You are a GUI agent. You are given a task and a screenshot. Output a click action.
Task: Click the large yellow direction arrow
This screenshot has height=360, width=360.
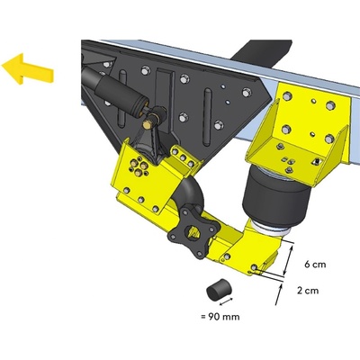tap(27, 69)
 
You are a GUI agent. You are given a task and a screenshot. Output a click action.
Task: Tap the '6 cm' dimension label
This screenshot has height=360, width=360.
tap(315, 265)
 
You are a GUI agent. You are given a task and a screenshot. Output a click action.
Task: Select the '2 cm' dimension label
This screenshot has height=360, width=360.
tap(308, 291)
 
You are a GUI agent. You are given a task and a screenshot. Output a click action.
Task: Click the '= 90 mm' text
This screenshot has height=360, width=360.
tap(220, 317)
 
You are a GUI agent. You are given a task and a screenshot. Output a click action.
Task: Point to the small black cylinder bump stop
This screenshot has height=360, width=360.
tap(220, 289)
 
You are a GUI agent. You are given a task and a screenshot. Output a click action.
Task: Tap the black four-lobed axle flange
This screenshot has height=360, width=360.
tap(193, 232)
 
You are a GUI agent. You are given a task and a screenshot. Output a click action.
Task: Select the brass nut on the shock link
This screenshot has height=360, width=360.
tap(148, 124)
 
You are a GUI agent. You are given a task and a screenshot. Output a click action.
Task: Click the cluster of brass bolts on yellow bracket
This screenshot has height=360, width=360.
tap(138, 166)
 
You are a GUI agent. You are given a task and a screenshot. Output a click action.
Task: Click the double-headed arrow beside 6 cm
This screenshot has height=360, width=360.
tap(287, 260)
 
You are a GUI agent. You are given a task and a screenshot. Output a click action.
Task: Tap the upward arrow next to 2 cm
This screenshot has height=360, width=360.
tap(279, 294)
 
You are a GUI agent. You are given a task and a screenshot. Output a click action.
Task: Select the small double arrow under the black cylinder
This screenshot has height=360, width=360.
tap(227, 301)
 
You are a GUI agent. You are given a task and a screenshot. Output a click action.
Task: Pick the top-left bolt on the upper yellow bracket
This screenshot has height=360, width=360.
tap(287, 96)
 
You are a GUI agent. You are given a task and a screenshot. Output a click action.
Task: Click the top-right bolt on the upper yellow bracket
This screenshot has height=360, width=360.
tap(330, 105)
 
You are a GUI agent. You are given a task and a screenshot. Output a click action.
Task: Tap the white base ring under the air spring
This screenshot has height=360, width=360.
tap(273, 229)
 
